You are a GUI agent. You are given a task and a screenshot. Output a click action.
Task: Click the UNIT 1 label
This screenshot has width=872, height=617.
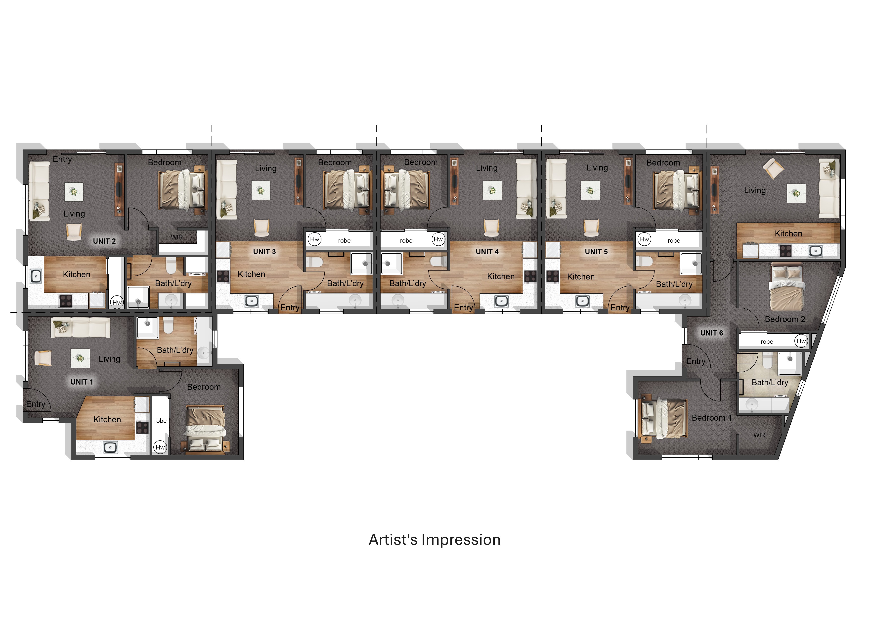[82, 382]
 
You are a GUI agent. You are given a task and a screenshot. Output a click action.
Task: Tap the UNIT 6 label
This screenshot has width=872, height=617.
[711, 333]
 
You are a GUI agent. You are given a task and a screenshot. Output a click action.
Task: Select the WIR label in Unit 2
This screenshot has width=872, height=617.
[176, 237]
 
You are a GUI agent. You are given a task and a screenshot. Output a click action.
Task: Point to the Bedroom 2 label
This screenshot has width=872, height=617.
[785, 319]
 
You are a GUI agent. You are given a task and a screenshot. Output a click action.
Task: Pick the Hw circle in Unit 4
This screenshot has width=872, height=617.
[438, 239]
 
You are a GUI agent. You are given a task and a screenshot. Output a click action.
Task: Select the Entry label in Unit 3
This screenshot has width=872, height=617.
[290, 308]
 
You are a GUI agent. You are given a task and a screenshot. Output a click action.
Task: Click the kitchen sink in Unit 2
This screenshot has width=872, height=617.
[36, 276]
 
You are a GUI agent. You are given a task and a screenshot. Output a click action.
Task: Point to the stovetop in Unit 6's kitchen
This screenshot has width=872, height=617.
[785, 251]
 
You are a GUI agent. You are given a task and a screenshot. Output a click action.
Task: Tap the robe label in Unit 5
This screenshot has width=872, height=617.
[674, 241]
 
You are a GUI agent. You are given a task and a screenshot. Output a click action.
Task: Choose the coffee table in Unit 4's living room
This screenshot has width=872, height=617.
[492, 190]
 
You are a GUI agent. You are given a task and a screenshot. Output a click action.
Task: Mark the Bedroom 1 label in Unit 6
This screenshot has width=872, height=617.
[711, 418]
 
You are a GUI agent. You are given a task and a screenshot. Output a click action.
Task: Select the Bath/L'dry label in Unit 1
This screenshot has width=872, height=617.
[175, 350]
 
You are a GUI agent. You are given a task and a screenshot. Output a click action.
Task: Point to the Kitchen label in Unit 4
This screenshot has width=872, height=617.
[501, 276]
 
